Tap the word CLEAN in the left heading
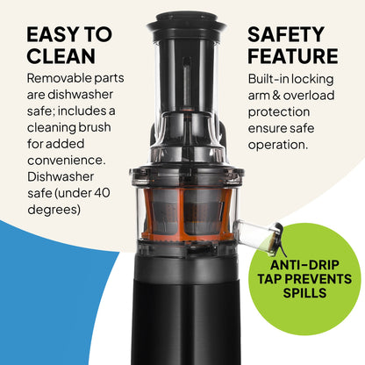[x=60, y=57]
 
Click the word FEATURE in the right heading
[x=292, y=57]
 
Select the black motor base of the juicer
[x=182, y=316]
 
